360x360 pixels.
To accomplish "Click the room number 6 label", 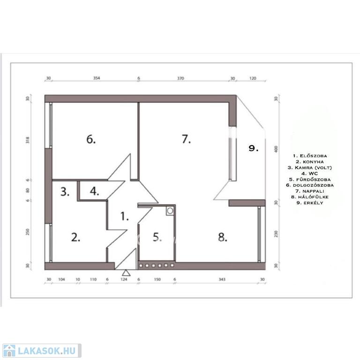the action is (x=91, y=139).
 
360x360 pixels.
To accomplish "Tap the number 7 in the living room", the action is (x=186, y=139).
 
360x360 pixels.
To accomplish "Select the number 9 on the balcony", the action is (x=254, y=148).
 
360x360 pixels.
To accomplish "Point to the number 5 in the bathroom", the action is (x=157, y=237).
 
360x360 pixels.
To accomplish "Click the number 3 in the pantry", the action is (x=65, y=192).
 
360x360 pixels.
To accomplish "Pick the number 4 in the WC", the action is (x=94, y=191).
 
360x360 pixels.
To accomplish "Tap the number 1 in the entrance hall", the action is (x=124, y=216).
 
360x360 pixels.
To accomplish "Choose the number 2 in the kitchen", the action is (x=76, y=237).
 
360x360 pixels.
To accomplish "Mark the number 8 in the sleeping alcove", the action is (x=223, y=237).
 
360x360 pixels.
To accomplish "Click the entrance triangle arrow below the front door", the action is (x=126, y=273).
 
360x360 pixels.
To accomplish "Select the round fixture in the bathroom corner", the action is (x=170, y=210).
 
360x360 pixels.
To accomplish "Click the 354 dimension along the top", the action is (x=97, y=78).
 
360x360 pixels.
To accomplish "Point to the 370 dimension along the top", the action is (x=180, y=78).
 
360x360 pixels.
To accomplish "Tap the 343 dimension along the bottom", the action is (x=222, y=279).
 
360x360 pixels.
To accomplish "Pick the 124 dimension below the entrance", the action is (x=124, y=279).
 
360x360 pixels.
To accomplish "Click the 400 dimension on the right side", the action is (x=276, y=149).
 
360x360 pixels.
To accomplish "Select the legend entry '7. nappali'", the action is (x=310, y=191).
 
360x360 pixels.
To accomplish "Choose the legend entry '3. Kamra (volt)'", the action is (x=310, y=168).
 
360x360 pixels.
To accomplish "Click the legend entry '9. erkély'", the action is (x=310, y=202).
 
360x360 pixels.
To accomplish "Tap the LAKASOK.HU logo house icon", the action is (x=9, y=351).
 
